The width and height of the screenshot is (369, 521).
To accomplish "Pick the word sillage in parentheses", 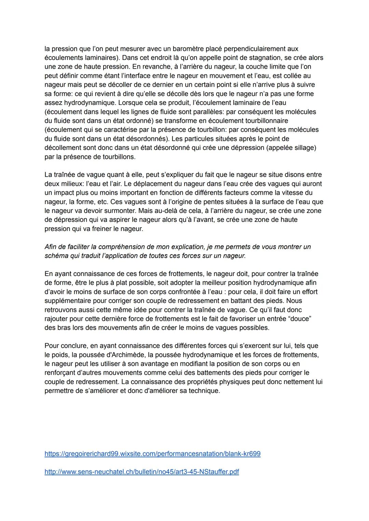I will point(303,148).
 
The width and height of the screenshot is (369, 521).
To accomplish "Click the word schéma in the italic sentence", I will point(55,256).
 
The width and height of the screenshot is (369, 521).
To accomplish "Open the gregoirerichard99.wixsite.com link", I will point(152,454).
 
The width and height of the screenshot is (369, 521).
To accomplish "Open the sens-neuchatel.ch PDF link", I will point(141,472).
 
